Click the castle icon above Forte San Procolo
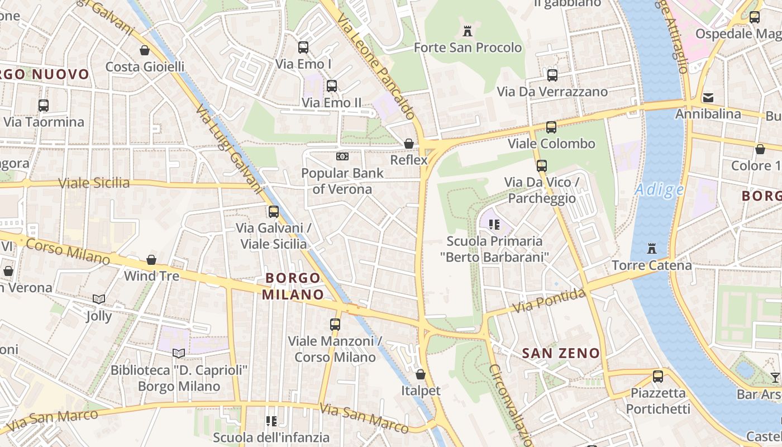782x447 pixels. point(468,31)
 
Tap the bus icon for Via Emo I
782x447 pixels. point(303,47)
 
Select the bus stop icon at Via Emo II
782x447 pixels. point(332,86)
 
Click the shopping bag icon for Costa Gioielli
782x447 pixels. point(145,50)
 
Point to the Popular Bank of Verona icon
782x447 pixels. point(342,156)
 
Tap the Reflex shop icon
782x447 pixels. point(409,144)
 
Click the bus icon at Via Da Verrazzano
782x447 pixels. point(552,75)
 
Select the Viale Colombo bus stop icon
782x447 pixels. point(551,127)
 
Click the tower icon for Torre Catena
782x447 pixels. point(651,248)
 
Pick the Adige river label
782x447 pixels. point(660,190)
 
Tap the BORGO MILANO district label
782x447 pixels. point(293,286)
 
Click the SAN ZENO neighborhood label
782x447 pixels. point(561,353)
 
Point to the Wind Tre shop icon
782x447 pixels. point(151,260)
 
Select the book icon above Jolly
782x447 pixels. point(99,299)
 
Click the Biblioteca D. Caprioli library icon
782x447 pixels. point(179,353)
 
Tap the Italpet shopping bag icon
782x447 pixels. point(421,374)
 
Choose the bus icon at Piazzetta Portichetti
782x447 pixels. point(658,377)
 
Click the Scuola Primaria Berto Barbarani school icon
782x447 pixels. point(494,225)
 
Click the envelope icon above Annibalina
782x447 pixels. point(708,98)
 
